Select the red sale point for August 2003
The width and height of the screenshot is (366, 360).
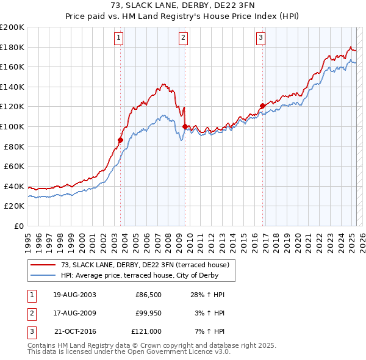click(x=120, y=140)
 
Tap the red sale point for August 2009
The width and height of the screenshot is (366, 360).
click(x=185, y=126)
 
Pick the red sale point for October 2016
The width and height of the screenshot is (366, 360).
click(x=262, y=106)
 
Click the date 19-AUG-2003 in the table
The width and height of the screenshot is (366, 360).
click(x=74, y=295)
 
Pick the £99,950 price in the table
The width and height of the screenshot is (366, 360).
click(x=148, y=313)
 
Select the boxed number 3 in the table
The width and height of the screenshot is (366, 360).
click(x=31, y=331)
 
